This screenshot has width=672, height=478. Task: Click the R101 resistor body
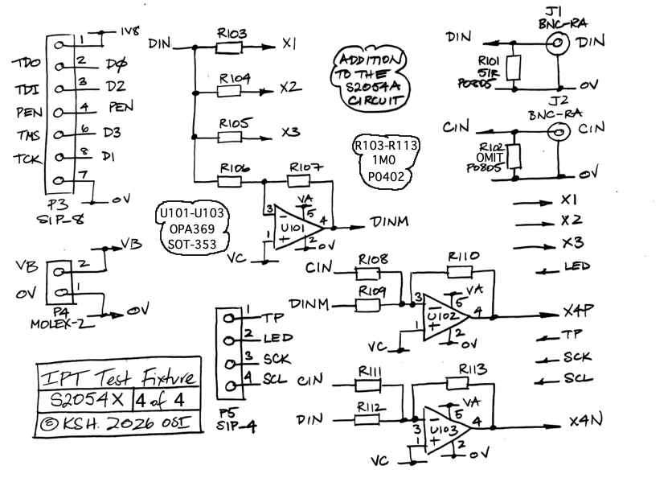click(x=514, y=68)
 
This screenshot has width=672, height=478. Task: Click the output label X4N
click(x=584, y=422)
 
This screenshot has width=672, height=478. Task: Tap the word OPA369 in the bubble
click(x=191, y=229)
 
